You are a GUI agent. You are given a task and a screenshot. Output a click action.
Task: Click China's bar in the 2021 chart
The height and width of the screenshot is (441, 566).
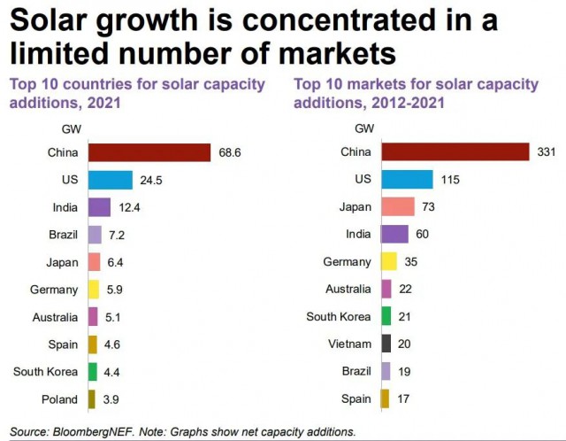149,153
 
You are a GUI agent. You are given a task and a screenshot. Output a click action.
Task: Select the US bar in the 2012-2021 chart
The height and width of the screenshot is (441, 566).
408,180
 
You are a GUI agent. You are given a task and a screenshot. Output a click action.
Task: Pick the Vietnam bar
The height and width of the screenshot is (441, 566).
386,344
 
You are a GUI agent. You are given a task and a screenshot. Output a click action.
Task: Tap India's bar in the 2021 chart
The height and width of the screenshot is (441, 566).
100,207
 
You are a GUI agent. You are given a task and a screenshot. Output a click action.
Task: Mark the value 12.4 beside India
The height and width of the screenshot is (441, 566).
128,208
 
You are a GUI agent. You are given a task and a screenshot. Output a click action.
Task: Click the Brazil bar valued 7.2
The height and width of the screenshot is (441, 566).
96,235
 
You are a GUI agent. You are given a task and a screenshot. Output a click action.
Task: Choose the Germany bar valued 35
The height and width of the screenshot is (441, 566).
388,262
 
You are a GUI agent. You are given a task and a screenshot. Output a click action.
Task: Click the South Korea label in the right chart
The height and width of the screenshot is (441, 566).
339,317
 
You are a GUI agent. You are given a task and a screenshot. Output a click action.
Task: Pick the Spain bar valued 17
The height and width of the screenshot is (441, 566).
385,398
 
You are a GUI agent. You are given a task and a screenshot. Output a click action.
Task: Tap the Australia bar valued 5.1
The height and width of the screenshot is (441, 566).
93,317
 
